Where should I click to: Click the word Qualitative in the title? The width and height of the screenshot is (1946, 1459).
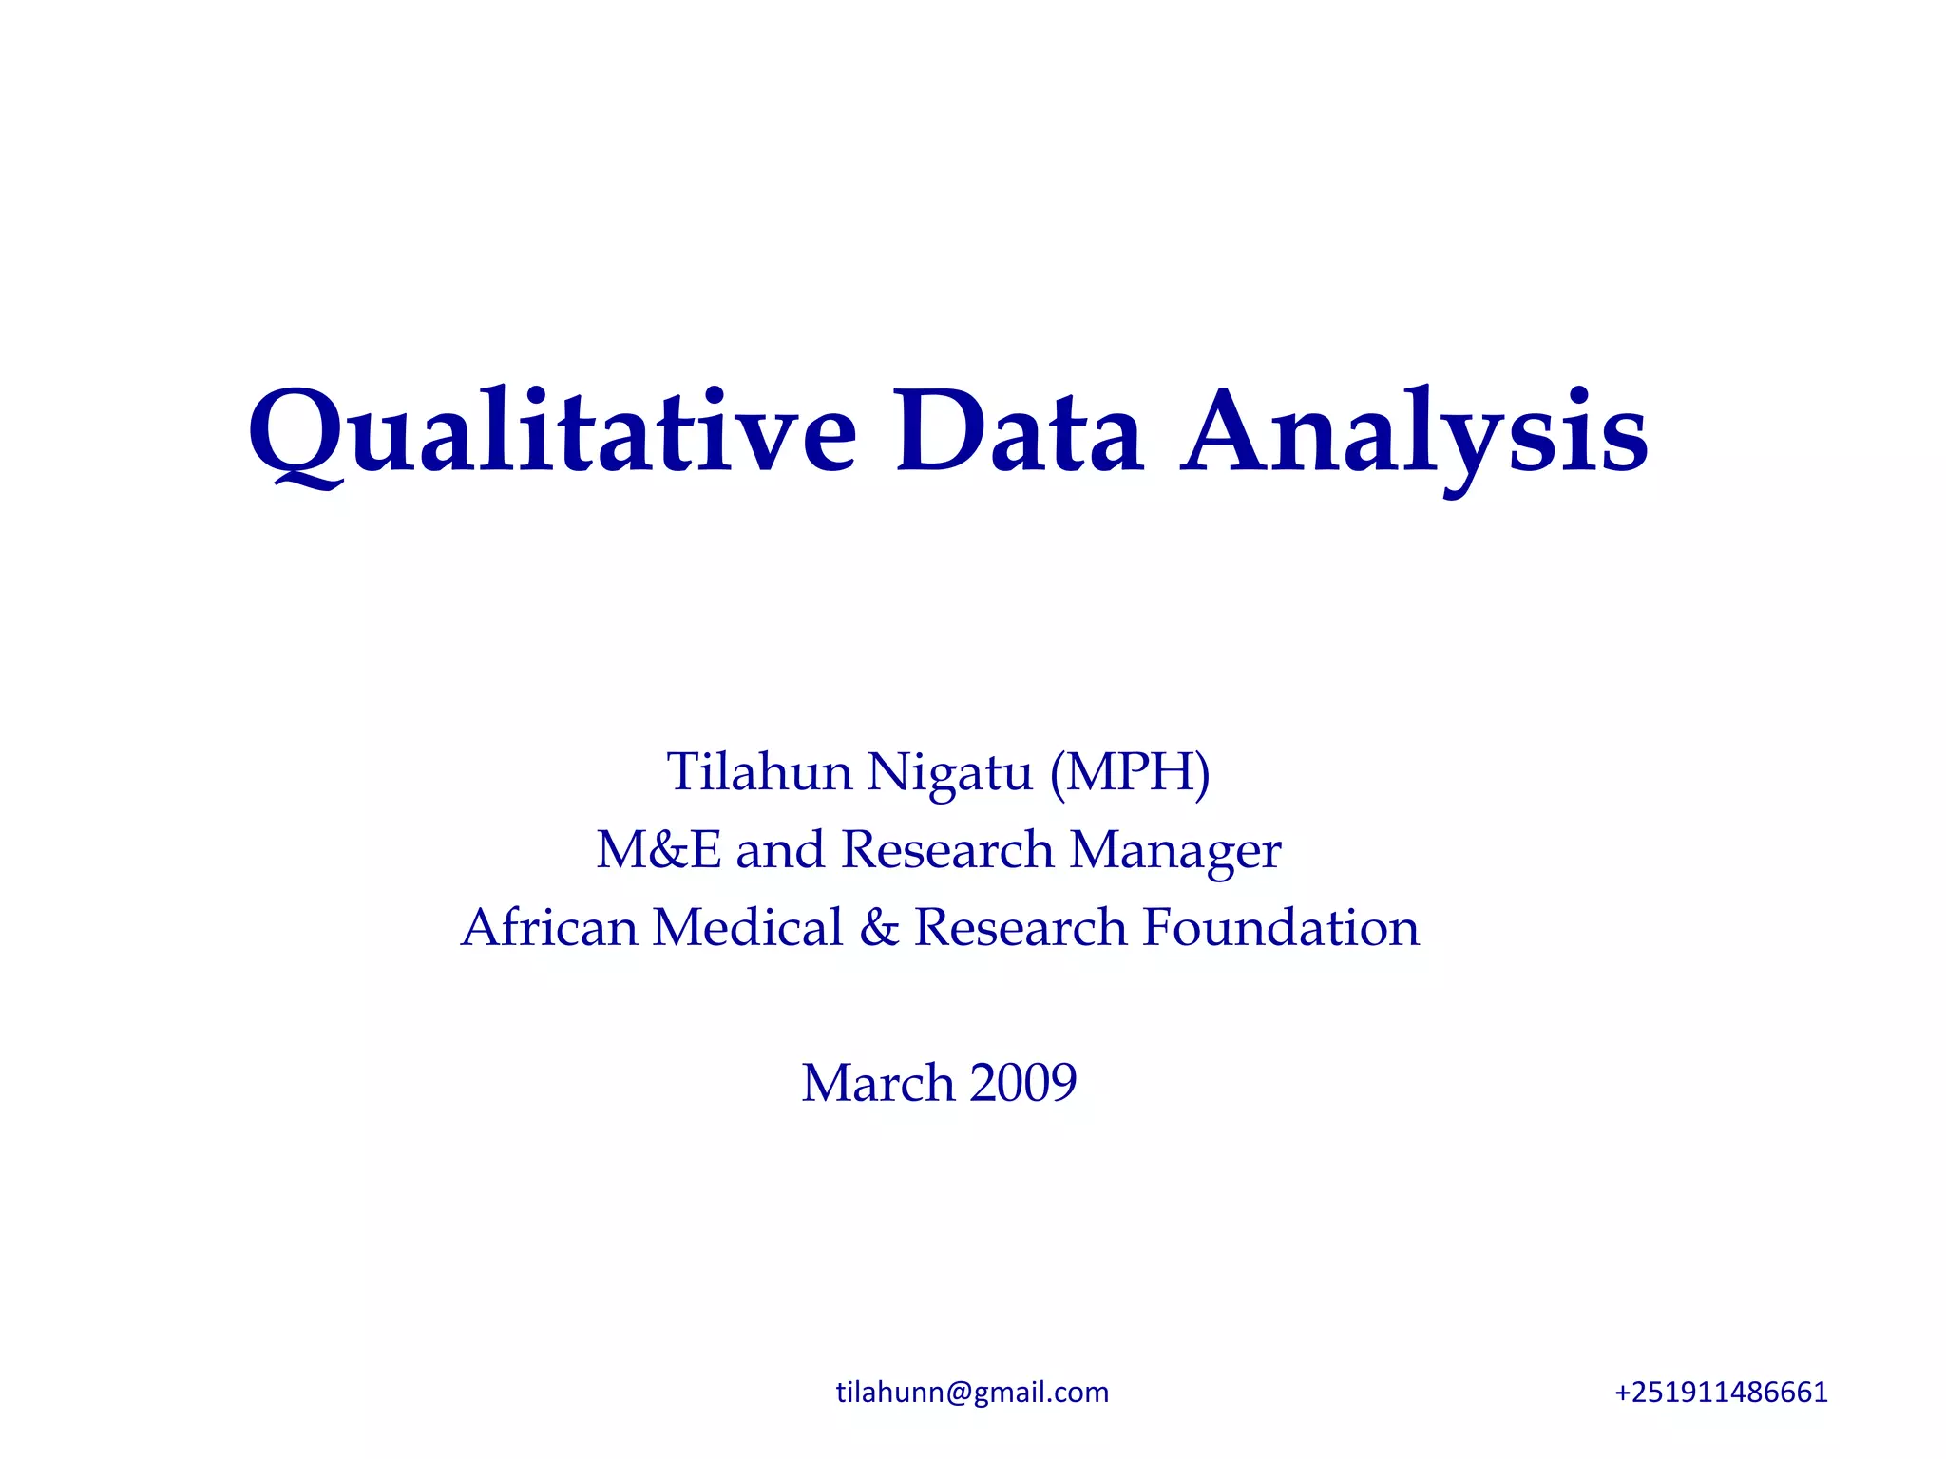click(552, 432)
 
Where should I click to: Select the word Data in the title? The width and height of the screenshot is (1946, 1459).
click(1018, 432)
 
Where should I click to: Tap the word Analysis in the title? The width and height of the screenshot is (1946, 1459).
click(1414, 435)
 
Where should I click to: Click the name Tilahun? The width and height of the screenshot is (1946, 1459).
click(758, 771)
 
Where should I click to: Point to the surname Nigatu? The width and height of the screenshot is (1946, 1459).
click(949, 773)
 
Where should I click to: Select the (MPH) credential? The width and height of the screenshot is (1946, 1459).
click(1130, 771)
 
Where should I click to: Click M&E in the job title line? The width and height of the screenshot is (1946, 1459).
click(658, 849)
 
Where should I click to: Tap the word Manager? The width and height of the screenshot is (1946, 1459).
click(1175, 851)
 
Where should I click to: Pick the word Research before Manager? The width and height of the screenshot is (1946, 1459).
click(947, 849)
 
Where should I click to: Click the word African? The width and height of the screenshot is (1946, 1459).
click(549, 927)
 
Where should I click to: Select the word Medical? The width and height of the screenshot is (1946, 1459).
click(748, 927)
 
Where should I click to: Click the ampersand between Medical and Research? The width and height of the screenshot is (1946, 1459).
click(879, 928)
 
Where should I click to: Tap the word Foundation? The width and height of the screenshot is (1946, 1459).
click(1280, 927)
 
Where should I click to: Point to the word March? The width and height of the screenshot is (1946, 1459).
click(877, 1083)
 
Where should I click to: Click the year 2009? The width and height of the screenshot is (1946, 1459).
click(1023, 1083)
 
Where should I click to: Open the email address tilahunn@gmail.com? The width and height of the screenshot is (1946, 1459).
click(972, 1393)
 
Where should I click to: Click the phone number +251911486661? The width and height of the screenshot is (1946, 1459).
click(1721, 1393)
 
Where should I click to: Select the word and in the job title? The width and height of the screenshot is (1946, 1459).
click(779, 849)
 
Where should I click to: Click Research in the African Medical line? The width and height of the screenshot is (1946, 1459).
click(1020, 927)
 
